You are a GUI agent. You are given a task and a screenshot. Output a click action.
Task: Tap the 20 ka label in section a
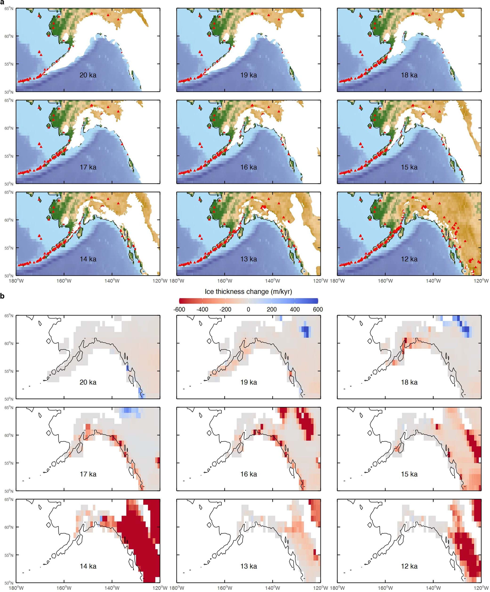(x=88, y=75)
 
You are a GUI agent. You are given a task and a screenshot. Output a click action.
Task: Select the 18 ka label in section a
(x=409, y=75)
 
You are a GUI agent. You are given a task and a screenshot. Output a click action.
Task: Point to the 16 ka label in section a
(x=248, y=167)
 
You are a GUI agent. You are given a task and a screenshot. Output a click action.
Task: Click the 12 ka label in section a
(x=409, y=259)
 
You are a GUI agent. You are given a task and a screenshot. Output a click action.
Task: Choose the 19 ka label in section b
(x=248, y=382)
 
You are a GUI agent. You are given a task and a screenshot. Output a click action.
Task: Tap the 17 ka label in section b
(x=88, y=474)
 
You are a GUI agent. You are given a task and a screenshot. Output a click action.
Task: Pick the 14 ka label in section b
(x=88, y=566)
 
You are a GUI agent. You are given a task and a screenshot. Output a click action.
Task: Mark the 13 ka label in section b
(x=248, y=566)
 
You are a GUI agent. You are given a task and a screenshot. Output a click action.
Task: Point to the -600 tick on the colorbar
(x=179, y=309)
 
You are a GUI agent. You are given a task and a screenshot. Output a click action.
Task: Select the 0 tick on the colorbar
(x=248, y=309)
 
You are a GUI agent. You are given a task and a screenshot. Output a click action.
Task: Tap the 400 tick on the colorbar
(x=295, y=309)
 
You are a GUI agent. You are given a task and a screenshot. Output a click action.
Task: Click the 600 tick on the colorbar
(x=318, y=309)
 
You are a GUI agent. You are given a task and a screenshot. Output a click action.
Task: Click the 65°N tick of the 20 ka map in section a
(x=9, y=8)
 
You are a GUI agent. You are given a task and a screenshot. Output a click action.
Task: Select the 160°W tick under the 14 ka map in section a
(x=64, y=281)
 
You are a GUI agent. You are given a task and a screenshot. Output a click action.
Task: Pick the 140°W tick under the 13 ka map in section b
(x=272, y=588)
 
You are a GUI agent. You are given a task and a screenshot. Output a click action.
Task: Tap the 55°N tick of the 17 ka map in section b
(x=9, y=463)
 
